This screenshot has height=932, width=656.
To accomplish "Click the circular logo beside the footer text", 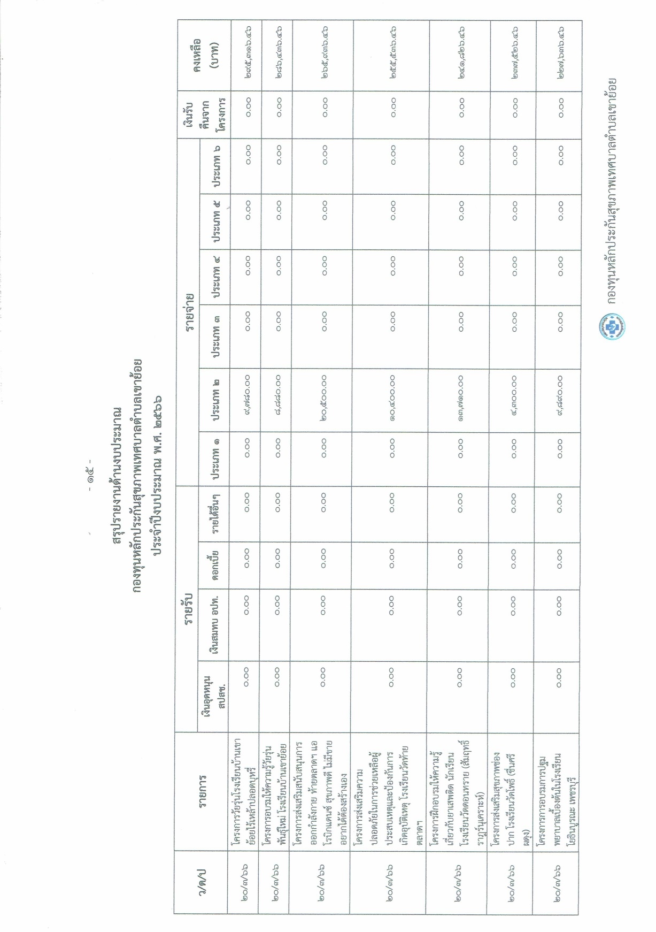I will pyautogui.click(x=613, y=326).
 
